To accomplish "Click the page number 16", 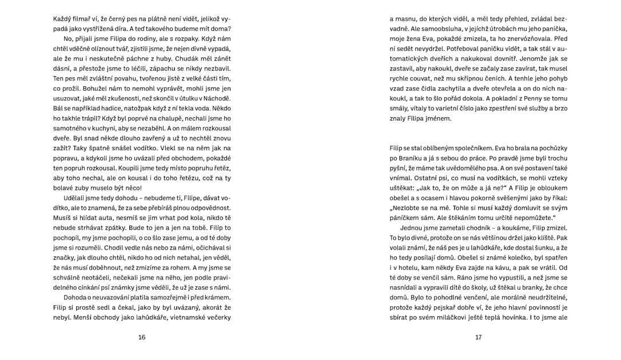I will (x=142, y=337).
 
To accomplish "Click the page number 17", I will (x=479, y=337).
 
